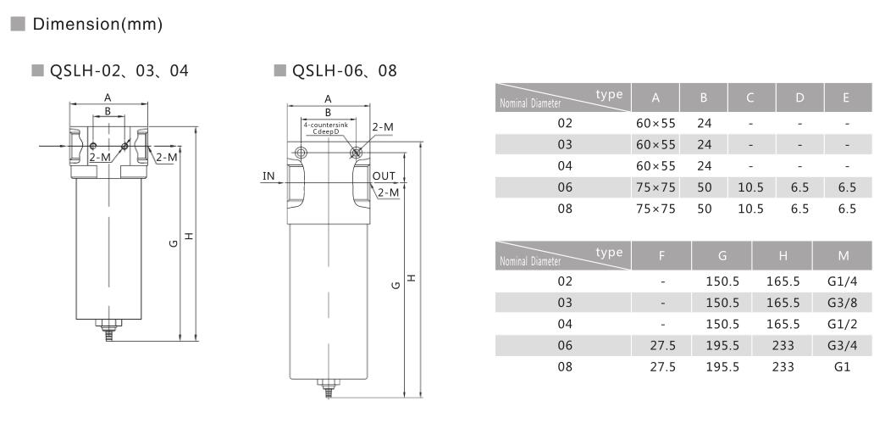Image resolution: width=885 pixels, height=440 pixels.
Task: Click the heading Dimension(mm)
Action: (97, 25)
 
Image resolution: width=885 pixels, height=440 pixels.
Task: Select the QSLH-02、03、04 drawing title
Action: (119, 70)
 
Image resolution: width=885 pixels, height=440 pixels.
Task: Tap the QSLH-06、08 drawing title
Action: (345, 70)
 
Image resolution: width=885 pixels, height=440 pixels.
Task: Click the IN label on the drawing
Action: (268, 176)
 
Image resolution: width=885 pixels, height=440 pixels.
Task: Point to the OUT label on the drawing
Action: (384, 176)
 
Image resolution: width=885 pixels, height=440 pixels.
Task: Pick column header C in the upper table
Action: (750, 97)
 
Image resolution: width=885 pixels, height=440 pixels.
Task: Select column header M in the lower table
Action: (844, 256)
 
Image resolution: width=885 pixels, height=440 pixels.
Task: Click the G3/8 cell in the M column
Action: (843, 303)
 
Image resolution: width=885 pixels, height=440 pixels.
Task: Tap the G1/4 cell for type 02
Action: (843, 281)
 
